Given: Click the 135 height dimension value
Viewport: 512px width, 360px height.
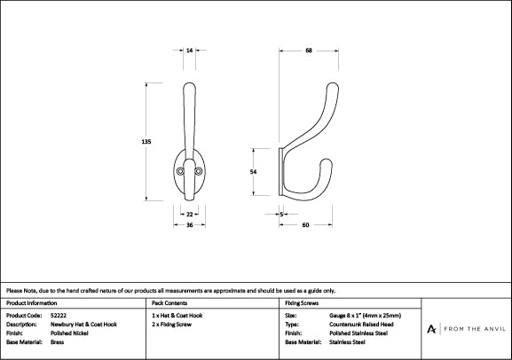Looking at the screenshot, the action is pos(146,142).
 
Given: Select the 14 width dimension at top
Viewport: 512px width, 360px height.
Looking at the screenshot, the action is pos(189,51).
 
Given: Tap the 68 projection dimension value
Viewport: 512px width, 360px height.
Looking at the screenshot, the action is pos(309,51).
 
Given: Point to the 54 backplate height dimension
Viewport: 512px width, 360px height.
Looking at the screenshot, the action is pos(254,172).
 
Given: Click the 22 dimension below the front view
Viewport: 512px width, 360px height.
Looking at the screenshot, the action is pos(189,215).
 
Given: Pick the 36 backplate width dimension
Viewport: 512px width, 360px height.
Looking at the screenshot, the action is pos(189,225).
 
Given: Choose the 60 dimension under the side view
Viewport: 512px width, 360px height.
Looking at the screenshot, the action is pos(305,225).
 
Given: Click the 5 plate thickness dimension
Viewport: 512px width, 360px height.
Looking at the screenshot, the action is pos(281,215).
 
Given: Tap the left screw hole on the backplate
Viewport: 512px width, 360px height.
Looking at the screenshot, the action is pos(179,171).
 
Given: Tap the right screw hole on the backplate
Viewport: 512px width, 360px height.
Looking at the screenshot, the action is pos(199,171).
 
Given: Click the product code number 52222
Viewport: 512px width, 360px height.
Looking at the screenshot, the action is pos(59,316).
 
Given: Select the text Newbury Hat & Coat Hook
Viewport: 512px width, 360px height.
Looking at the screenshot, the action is pos(83,325).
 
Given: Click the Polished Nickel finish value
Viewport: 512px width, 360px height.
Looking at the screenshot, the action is pos(69,333).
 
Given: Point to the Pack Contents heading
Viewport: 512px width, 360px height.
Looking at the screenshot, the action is pos(169,303).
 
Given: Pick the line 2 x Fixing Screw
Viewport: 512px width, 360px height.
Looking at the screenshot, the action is pos(171,325).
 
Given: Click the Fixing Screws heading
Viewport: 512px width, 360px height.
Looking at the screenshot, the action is pos(302,303).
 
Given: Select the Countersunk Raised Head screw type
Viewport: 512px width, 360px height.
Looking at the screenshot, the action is pos(361,325).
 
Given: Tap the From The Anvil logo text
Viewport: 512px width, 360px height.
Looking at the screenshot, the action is pos(475,329).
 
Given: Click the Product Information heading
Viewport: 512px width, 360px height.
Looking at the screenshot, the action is pos(31,303).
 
